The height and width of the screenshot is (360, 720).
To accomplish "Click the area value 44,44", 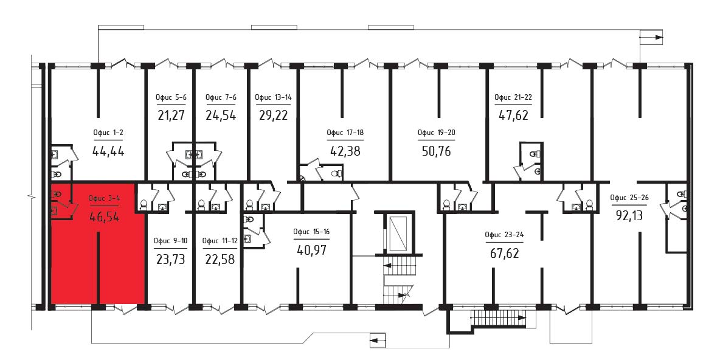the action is tap(108, 151).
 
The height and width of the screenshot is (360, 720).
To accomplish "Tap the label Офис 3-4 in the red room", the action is tap(104, 199).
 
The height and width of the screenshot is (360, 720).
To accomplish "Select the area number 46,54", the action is tap(104, 216).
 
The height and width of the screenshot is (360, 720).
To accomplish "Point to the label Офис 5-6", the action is tap(171, 97).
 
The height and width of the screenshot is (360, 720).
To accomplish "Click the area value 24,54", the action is tap(221, 115).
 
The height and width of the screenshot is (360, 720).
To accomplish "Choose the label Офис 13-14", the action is tap(274, 97).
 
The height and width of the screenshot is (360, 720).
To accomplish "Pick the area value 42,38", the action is tap(345, 150).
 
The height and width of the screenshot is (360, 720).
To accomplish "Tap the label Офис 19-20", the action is tap(437, 133).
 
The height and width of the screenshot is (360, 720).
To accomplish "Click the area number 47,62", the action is tap(513, 115).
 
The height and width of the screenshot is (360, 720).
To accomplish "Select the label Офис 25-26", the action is tap(629, 198).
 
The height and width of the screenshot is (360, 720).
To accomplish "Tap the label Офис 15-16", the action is tap(312, 232).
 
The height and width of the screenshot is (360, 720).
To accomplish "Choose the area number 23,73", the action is tap(170, 260).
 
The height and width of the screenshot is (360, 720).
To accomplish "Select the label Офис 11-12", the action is tap(220, 241).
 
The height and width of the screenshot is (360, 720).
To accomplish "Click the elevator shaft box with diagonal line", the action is tap(398, 232).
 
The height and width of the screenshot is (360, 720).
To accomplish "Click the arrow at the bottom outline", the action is tap(376, 341).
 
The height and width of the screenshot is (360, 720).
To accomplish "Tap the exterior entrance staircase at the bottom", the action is tap(498, 317).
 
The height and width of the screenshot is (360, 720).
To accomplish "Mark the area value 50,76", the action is tap(436, 150).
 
